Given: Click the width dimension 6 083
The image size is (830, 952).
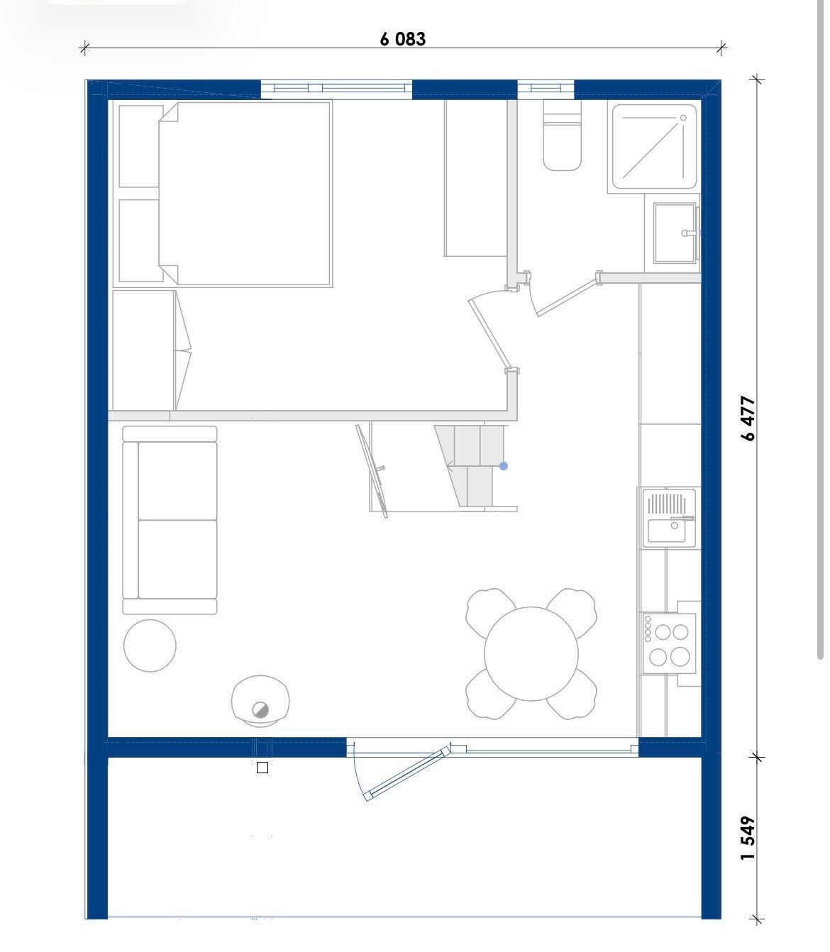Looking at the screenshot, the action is pos(402,38).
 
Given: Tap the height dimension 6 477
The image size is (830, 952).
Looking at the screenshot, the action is pos(748,418).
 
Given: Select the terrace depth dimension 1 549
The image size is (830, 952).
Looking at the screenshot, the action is pos(748,838).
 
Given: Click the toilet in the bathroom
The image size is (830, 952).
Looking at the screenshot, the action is pos(562,135).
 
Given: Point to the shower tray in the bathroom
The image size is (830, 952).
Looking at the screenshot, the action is pos(654,147).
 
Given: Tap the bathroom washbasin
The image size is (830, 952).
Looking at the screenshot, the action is pos(676,233).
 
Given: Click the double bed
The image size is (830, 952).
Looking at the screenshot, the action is pos(245,193).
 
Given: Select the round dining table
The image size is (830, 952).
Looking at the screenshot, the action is pos(531,653).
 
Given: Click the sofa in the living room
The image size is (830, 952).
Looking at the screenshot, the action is pos(170,520).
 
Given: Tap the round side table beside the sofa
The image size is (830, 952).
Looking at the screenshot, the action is pos(150,646).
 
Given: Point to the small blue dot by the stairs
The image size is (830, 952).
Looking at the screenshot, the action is pos(504,466).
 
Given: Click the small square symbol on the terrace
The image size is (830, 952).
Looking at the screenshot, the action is pos(262,768).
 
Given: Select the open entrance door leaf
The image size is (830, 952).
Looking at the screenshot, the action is pos(409,773).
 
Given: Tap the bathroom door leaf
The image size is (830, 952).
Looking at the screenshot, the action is pos(566,296).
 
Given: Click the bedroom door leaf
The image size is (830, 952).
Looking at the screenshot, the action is pos(490,333).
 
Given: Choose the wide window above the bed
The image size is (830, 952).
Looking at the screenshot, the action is pos(336,89).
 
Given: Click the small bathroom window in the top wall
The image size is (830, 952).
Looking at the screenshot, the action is pos(546,89).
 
